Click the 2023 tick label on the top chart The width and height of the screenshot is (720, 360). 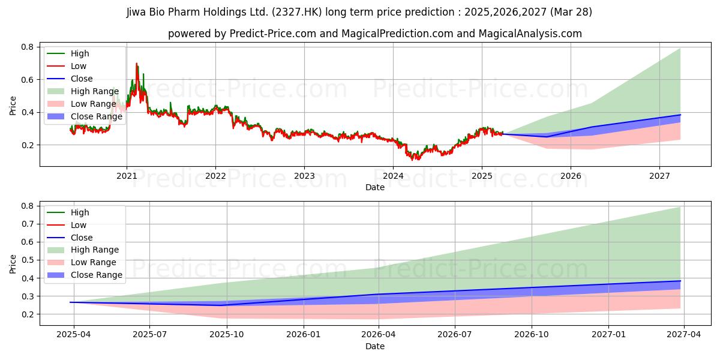pos(304,176)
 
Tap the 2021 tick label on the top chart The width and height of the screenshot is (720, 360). pos(127,176)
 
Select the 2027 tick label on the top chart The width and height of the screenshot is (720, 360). pos(659,176)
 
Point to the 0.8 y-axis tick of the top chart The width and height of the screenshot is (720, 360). pos(26,47)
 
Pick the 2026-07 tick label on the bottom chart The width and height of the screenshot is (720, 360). pos(455,335)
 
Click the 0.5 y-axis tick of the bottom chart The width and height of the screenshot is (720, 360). pos(26,260)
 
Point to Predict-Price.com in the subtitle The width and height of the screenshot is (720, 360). pos(273,34)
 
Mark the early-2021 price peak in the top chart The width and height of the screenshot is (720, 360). pos(136,64)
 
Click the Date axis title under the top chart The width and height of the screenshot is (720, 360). pos(375,187)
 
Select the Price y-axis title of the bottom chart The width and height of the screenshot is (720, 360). pos(13,263)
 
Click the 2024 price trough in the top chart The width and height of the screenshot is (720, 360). pos(412,160)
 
